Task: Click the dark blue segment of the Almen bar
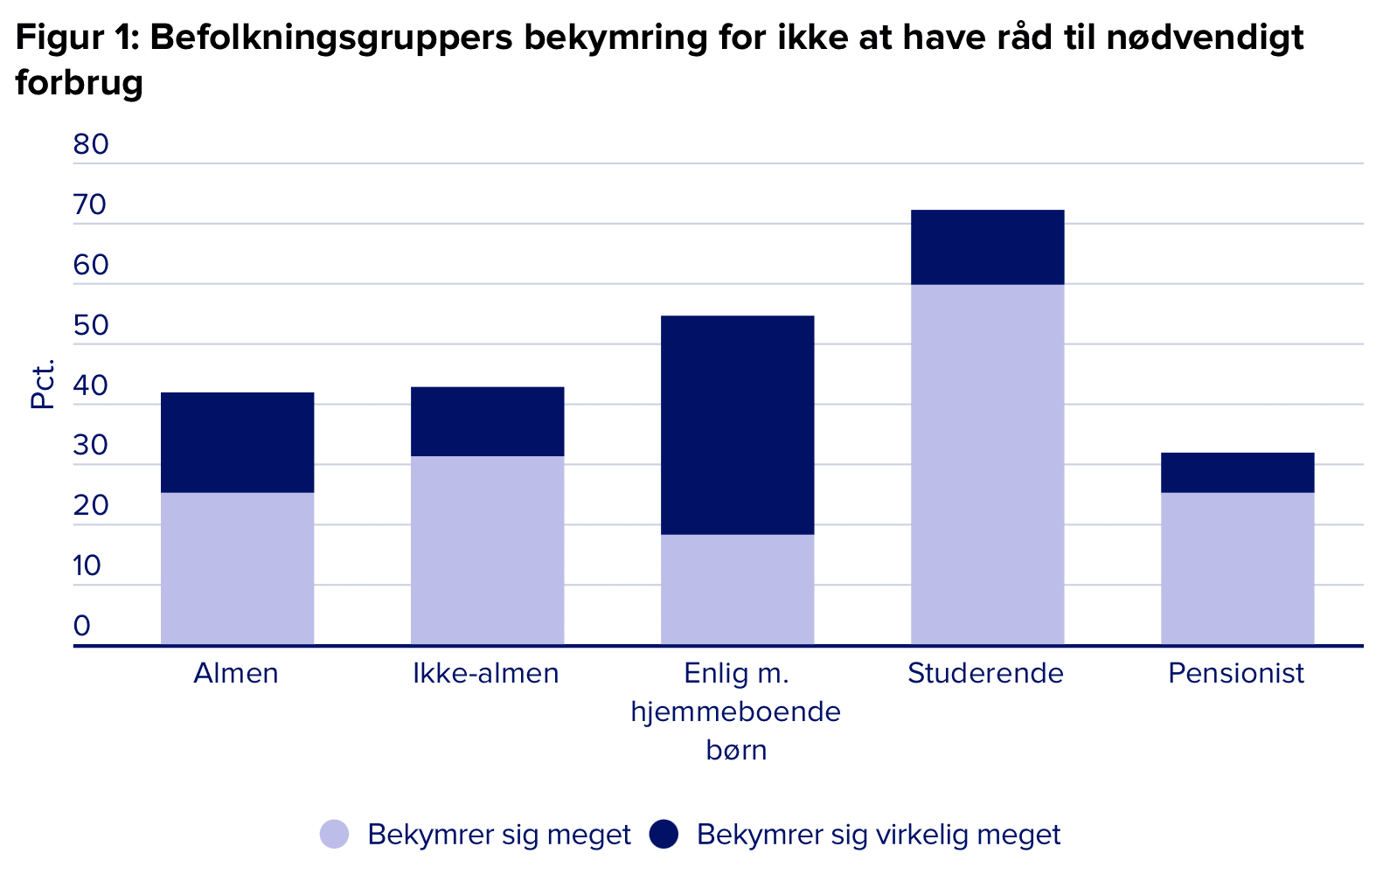coord(237,442)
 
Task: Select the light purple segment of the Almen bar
coord(237,568)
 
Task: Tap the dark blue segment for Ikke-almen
coord(487,421)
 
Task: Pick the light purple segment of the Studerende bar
coord(987,464)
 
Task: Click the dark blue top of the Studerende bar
coord(987,246)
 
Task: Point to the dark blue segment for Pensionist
coord(1237,472)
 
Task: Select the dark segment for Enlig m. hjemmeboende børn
coord(737,425)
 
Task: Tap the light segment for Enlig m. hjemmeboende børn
coord(737,589)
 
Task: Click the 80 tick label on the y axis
coord(91,144)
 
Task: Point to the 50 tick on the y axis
coord(91,325)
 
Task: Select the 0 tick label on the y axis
coord(82,626)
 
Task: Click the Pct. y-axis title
coord(42,384)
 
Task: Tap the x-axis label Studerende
coord(985,673)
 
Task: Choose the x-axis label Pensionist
coord(1235,673)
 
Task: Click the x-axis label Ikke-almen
coord(486,673)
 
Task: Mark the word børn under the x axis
coord(736,750)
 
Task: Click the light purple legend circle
coord(334,834)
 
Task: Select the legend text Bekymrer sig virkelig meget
coord(878,834)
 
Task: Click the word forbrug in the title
coord(79,83)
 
